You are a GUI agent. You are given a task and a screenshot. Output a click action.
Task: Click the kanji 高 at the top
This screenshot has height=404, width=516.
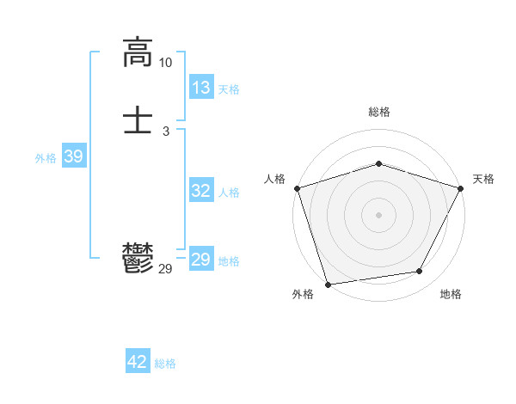click(138, 53)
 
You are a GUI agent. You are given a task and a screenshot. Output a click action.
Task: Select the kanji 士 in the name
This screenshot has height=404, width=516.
click(138, 120)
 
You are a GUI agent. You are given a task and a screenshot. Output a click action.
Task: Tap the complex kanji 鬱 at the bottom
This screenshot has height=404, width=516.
click(138, 259)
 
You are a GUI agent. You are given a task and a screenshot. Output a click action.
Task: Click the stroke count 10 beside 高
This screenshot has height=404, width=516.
click(165, 63)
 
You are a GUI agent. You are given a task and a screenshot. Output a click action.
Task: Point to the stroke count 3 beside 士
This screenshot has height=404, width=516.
click(165, 131)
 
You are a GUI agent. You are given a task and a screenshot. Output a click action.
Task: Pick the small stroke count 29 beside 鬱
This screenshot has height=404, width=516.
click(165, 270)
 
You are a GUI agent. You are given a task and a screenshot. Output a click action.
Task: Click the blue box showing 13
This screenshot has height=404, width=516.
click(201, 88)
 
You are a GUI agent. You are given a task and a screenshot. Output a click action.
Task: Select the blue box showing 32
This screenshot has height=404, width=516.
click(201, 191)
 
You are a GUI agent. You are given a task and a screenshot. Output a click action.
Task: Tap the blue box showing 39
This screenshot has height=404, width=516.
click(73, 156)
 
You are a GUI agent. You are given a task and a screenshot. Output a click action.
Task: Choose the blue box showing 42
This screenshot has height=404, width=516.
click(138, 362)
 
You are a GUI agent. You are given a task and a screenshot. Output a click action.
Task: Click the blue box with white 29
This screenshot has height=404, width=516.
click(201, 260)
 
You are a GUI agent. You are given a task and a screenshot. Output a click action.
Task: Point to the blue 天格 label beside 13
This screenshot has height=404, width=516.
click(229, 89)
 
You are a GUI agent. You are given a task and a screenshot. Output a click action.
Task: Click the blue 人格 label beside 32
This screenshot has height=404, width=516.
click(229, 193)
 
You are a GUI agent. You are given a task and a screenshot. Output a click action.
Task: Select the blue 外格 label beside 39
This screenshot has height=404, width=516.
click(46, 158)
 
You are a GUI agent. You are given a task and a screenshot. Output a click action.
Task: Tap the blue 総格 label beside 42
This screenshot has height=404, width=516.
click(165, 364)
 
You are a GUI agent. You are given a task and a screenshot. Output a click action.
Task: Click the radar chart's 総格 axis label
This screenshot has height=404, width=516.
click(378, 112)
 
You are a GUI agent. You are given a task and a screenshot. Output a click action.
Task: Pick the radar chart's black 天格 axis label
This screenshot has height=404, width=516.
click(483, 179)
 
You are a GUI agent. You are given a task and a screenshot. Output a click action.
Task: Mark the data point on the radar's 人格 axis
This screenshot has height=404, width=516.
click(297, 187)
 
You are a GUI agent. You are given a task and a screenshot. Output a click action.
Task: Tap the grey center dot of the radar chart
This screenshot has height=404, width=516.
click(378, 214)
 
